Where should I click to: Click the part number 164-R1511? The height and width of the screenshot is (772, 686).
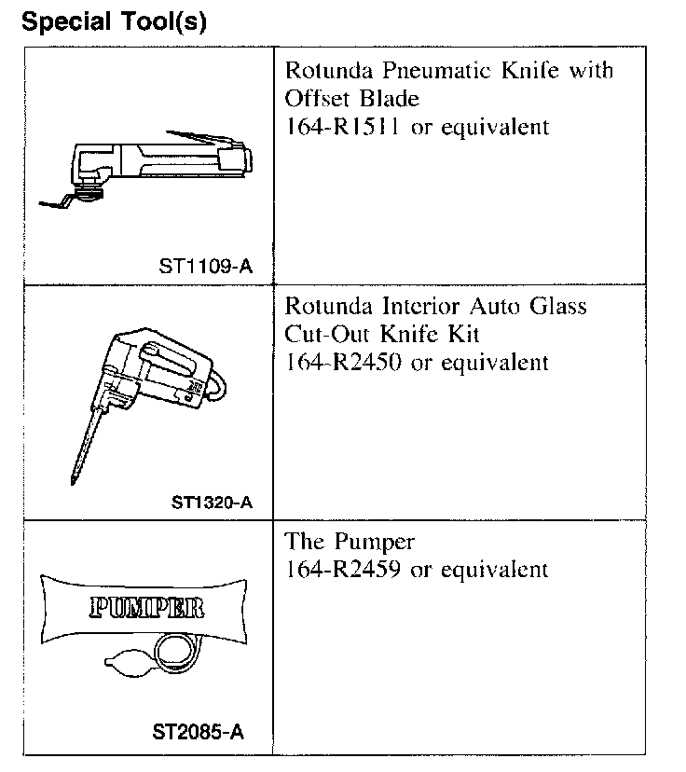[x=342, y=127]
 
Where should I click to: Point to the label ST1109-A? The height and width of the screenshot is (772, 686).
[x=205, y=267]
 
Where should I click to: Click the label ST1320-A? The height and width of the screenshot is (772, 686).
[x=212, y=503]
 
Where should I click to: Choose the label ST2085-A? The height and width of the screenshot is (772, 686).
[x=199, y=732]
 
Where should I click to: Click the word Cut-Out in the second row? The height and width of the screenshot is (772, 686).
[x=322, y=334]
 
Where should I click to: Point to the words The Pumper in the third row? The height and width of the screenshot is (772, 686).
[x=350, y=542]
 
